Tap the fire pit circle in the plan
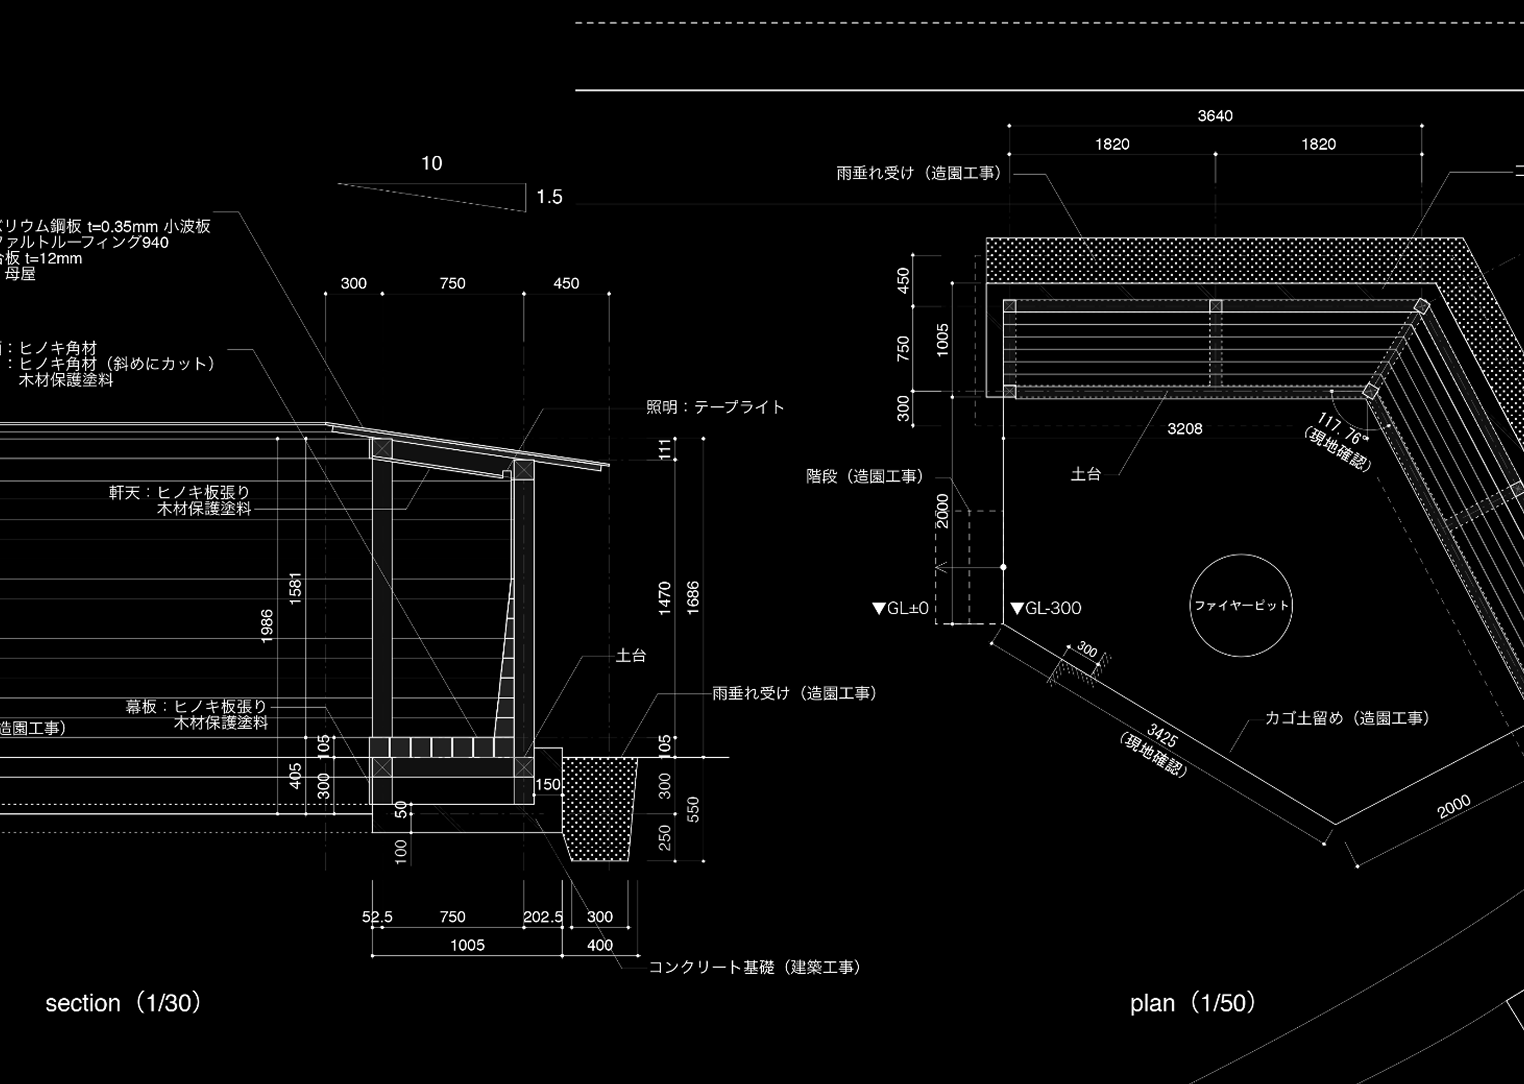tap(1240, 606)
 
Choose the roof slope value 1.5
tap(549, 197)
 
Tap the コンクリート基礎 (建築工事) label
tap(755, 967)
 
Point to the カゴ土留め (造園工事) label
tap(1346, 718)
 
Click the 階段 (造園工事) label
tap(865, 476)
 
